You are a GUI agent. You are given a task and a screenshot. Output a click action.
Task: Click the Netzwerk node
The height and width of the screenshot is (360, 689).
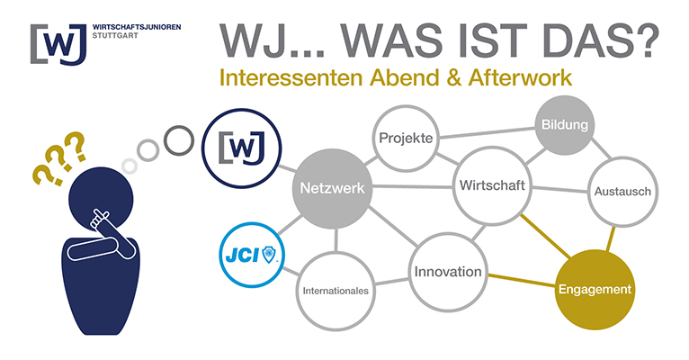[332, 188]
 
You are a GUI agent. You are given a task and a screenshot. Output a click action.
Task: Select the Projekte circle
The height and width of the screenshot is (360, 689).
[406, 138]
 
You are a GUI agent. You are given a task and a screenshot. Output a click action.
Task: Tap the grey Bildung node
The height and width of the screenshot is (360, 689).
[565, 125]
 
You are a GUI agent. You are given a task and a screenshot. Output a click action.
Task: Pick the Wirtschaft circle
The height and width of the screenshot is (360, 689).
[492, 185]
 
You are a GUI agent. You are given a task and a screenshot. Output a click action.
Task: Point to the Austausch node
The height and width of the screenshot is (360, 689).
[622, 191]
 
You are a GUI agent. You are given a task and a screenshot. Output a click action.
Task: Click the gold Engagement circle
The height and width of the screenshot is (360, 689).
[595, 289]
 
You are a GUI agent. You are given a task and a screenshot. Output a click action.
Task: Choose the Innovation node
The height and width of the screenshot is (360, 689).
[448, 272]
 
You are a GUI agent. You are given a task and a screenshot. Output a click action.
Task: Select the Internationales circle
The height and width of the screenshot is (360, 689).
[336, 291]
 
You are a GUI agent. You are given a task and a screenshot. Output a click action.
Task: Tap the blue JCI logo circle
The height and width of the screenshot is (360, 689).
[252, 255]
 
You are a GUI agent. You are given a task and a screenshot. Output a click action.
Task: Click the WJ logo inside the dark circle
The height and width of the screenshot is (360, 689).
[242, 148]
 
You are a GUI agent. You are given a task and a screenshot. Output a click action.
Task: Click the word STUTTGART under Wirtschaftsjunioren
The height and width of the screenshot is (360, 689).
[115, 36]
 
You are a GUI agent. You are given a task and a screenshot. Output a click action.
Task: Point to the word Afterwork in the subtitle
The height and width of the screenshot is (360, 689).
[520, 77]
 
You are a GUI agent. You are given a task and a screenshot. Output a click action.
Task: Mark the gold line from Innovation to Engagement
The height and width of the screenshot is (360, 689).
[522, 281]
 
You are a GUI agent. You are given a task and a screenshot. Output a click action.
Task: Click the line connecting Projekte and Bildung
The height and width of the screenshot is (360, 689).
[488, 133]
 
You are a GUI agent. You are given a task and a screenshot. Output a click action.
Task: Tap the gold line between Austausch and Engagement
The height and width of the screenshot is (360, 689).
[612, 238]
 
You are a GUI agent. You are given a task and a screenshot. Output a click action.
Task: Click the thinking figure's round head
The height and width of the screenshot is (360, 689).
[101, 200]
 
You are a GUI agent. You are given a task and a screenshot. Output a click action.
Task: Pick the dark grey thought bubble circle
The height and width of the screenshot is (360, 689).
[179, 140]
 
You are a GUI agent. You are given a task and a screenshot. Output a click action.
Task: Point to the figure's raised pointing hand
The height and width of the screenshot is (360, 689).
[100, 219]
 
